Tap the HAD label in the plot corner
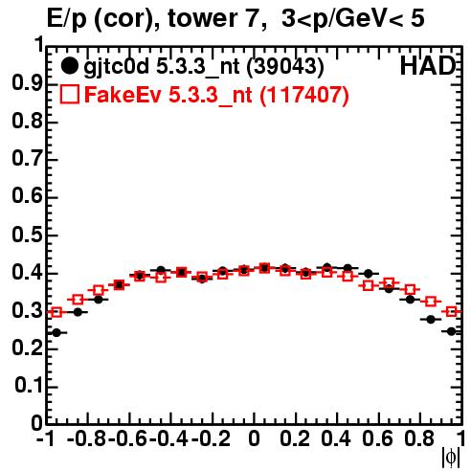(428, 66)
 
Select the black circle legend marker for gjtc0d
(69, 66)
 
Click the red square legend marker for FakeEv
(69, 94)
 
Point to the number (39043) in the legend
(285, 67)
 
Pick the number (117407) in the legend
(304, 95)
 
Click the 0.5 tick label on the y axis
(27, 235)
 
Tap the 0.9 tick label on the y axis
(27, 83)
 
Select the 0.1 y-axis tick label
(28, 386)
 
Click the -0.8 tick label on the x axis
(87, 438)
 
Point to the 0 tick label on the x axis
(254, 438)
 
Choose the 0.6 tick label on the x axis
(377, 438)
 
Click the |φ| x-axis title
(451, 458)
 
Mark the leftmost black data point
(56, 333)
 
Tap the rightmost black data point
(451, 331)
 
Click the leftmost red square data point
(56, 312)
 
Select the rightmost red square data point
(451, 311)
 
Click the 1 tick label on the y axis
(39, 45)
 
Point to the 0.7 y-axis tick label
(27, 159)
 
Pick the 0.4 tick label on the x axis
(336, 438)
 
